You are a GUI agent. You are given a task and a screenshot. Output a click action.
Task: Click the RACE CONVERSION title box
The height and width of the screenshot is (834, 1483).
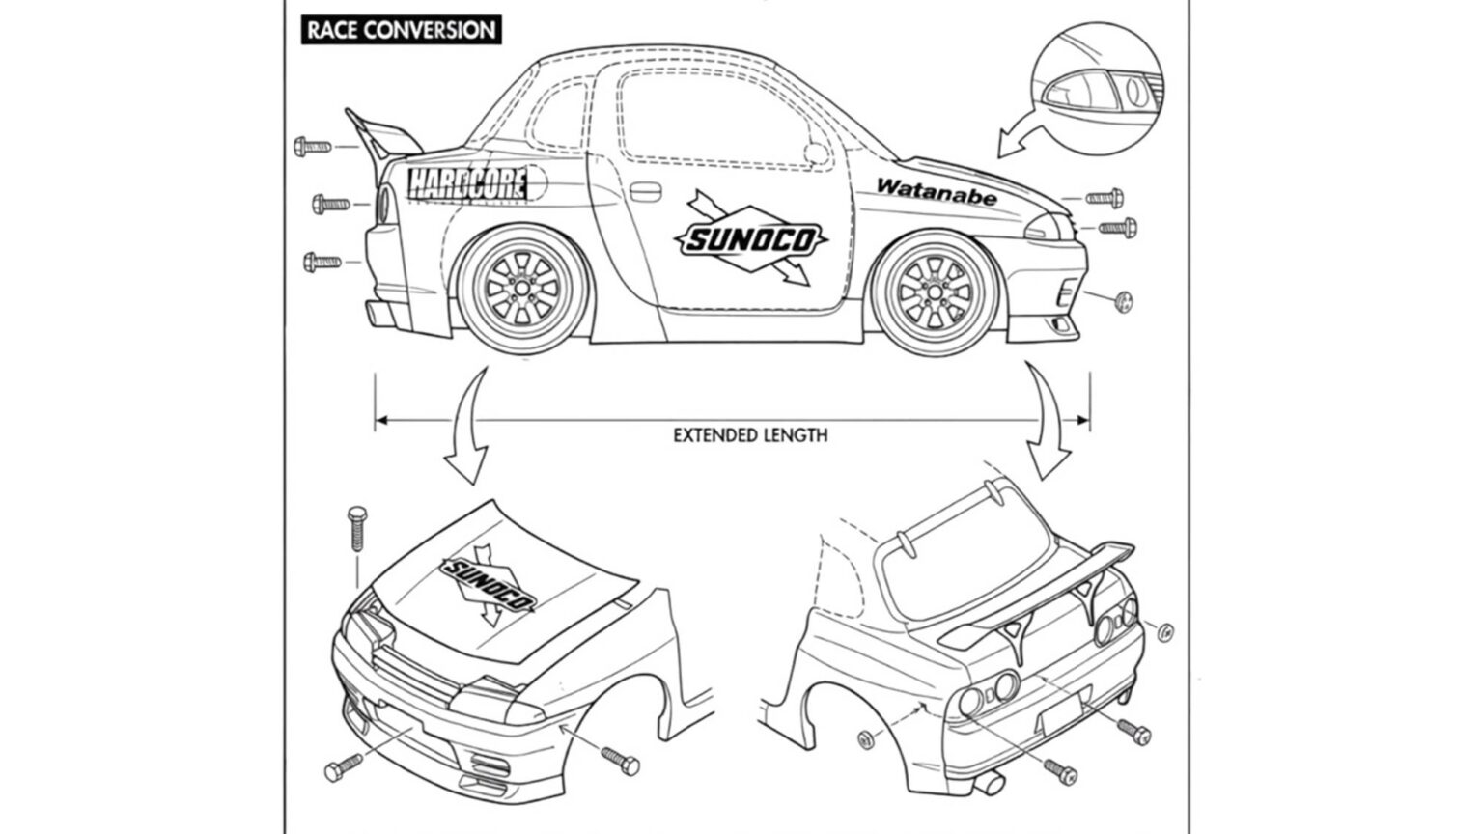tap(400, 29)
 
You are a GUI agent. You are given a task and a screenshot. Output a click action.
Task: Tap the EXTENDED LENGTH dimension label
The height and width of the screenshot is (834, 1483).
tap(749, 435)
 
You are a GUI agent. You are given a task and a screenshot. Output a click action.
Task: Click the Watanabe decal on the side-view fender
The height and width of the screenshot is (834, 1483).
tap(936, 191)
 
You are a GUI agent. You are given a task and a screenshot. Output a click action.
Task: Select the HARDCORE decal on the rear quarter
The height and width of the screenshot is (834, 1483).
tap(468, 182)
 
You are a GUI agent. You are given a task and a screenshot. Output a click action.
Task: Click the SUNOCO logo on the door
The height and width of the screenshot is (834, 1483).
tap(752, 238)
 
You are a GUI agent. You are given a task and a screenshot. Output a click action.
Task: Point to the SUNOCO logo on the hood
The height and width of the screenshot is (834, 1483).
tap(489, 585)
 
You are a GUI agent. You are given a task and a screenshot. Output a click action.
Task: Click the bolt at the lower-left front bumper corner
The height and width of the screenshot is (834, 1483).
tap(343, 768)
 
